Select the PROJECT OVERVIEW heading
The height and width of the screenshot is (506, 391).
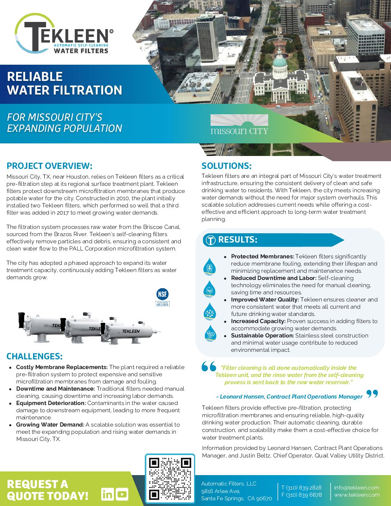point(49,166)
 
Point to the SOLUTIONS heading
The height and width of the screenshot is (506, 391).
point(226,166)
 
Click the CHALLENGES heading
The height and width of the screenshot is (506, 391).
point(34,356)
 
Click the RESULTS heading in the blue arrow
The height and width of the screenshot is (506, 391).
point(238,240)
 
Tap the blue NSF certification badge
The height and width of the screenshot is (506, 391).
point(162,294)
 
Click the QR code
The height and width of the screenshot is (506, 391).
point(170,478)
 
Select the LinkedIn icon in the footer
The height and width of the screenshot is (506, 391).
point(107,494)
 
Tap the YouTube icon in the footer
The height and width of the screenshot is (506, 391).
point(122,494)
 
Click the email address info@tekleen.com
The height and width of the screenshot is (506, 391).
point(356,488)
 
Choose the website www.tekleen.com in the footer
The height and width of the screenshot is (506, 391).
point(356,495)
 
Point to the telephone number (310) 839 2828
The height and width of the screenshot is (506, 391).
point(301,488)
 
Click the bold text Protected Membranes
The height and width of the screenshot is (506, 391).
point(262,257)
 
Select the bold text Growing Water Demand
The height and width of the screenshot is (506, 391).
point(50,425)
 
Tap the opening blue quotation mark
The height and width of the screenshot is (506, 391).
point(209,366)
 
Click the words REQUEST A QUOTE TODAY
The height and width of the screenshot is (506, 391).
point(47,490)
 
